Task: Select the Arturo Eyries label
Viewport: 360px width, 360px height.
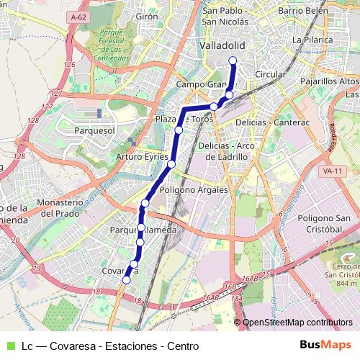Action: [140, 156]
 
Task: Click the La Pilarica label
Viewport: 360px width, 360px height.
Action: [310, 40]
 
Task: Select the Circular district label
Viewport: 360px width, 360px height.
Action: [271, 74]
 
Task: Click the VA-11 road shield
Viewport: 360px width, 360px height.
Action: [332, 171]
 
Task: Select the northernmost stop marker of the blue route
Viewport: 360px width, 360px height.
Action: [233, 70]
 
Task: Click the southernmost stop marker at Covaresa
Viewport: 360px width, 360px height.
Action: [127, 280]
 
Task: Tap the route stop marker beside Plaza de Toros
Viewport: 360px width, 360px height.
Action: [178, 130]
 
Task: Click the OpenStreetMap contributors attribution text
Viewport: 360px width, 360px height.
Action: [298, 323]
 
